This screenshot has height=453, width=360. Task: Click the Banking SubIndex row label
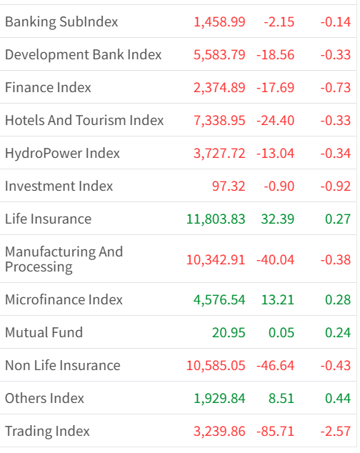(61, 22)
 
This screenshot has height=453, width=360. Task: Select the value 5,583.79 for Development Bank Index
(219, 55)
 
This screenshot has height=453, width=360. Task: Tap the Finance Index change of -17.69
(275, 88)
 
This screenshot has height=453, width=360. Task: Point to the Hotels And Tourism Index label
(84, 120)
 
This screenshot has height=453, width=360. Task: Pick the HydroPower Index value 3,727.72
(219, 153)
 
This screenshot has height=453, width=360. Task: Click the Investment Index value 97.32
(229, 186)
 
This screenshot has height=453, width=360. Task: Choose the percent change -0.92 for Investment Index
(336, 186)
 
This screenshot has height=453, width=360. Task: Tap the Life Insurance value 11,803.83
(216, 219)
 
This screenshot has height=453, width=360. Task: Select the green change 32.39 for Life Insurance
(278, 219)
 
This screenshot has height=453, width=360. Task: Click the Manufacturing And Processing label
(64, 259)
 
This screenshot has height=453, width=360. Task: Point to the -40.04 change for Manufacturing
(275, 259)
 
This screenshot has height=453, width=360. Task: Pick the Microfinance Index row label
(64, 299)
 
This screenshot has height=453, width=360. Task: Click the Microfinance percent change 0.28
(338, 299)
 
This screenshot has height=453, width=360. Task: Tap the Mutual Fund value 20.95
(229, 332)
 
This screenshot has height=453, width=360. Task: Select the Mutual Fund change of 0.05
(281, 332)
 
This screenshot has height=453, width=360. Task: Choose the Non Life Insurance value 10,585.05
(216, 365)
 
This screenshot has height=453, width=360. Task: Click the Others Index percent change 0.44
(338, 399)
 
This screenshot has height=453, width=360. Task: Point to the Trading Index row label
(47, 432)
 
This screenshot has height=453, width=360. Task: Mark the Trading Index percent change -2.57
(336, 432)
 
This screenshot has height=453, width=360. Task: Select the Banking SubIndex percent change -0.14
(336, 22)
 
